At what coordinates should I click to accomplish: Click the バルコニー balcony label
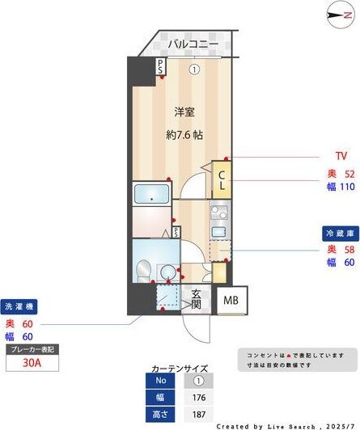click(193, 45)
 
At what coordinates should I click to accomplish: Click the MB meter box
click(231, 300)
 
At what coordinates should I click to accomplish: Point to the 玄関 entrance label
click(195, 299)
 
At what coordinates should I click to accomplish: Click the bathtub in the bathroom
click(151, 194)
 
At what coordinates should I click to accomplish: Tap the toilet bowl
click(144, 268)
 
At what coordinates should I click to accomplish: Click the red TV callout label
click(340, 155)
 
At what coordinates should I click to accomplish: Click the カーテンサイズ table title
click(180, 366)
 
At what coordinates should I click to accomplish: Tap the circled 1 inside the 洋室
click(194, 70)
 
